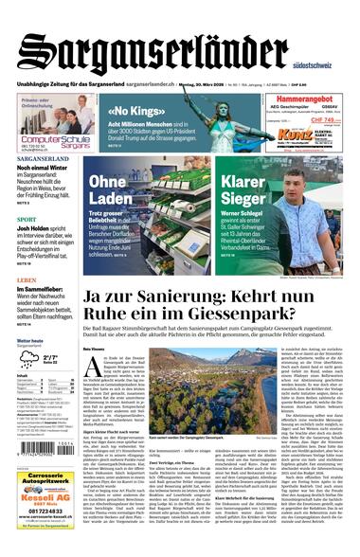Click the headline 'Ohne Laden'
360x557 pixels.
coord(113,190)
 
